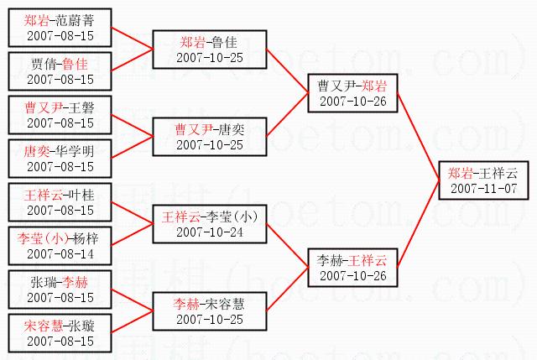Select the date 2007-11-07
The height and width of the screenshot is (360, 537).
[482, 188]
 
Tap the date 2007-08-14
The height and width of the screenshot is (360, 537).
[60, 253]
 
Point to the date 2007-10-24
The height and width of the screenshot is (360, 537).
[210, 232]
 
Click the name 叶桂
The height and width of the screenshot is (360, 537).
[80, 195]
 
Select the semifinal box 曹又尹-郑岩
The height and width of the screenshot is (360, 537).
[352, 93]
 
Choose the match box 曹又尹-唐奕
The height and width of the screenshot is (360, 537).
[210, 137]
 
